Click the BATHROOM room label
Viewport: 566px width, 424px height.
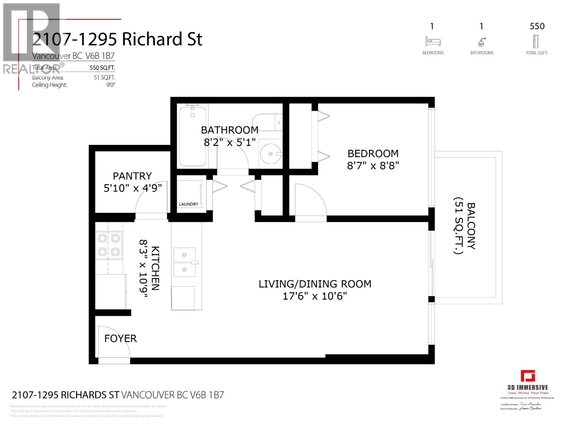(230, 130)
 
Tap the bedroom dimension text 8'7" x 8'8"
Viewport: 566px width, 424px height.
(373, 165)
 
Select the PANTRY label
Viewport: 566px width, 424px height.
(132, 176)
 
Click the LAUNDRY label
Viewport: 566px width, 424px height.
(189, 204)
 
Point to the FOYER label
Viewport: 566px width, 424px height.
(120, 338)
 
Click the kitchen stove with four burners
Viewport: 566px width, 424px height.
(109, 245)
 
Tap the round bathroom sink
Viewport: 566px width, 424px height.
(271, 154)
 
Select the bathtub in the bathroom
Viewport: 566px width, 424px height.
(192, 136)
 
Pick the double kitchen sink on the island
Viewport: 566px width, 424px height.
(185, 262)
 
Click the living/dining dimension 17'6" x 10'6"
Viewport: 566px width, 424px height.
(314, 296)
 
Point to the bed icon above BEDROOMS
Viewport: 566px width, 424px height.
(433, 41)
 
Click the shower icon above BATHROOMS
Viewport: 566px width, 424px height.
(481, 42)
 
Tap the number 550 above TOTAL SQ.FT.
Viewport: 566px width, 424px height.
(537, 26)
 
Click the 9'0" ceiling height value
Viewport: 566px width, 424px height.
(111, 85)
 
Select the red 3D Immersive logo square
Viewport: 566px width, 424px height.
(527, 376)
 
